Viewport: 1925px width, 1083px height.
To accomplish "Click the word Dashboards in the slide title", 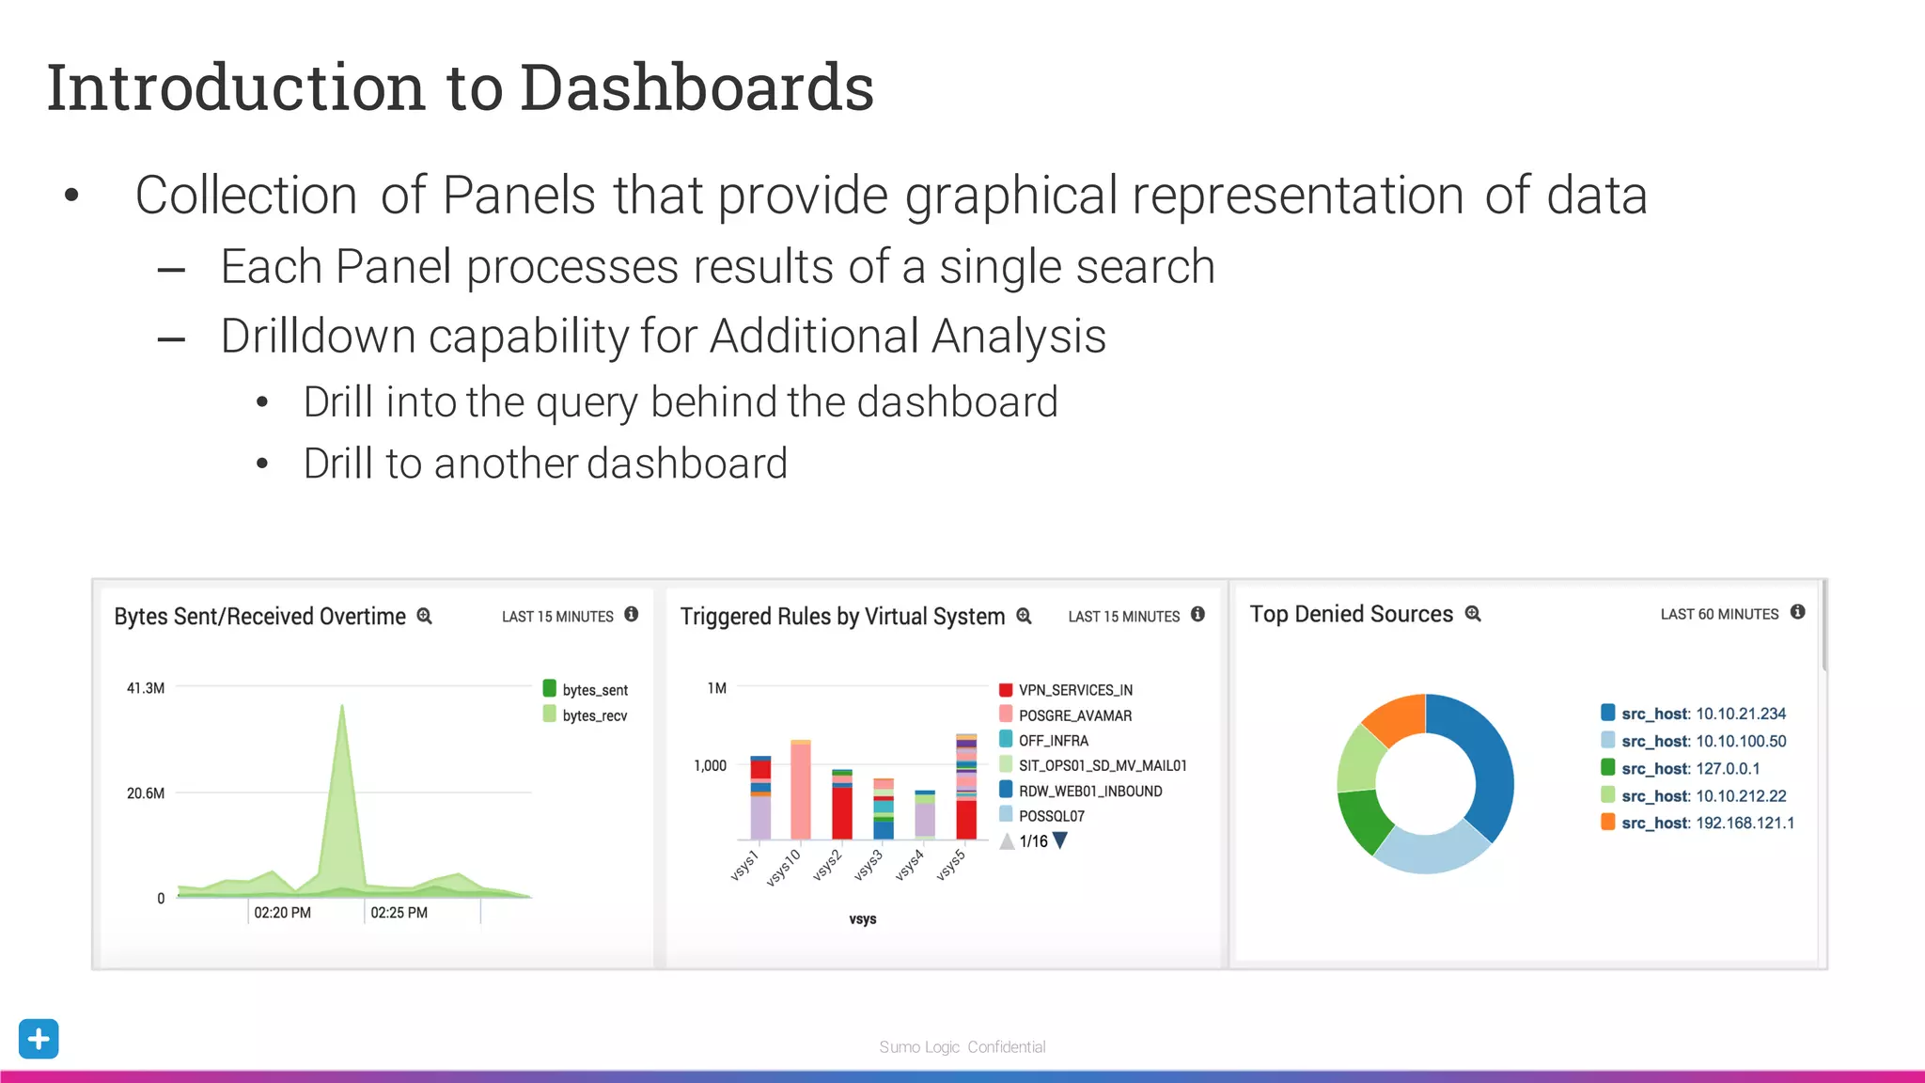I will [x=696, y=87].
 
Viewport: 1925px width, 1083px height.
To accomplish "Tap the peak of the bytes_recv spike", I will [x=342, y=707].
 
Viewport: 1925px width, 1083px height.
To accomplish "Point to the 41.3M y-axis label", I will [x=146, y=688].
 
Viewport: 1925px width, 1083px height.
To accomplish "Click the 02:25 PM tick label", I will [x=399, y=913].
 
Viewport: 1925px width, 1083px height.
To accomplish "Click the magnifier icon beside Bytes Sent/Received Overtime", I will [x=425, y=617].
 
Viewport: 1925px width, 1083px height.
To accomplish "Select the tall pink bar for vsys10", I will [x=800, y=792].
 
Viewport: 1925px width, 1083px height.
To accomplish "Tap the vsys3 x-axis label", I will [x=869, y=865].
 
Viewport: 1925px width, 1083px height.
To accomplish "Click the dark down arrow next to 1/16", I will [x=1060, y=840].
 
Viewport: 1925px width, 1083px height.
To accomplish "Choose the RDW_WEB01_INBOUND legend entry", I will [x=1081, y=792].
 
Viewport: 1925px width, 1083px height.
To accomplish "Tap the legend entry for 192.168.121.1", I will [x=1698, y=824].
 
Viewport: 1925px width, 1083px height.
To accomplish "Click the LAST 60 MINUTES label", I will [x=1719, y=615].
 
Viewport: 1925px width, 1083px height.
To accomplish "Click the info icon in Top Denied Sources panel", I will [x=1797, y=613].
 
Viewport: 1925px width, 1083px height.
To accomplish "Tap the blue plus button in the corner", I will [x=39, y=1039].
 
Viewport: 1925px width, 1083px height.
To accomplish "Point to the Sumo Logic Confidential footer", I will [x=962, y=1047].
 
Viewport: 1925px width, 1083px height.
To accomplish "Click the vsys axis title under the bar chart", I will [x=862, y=919].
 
